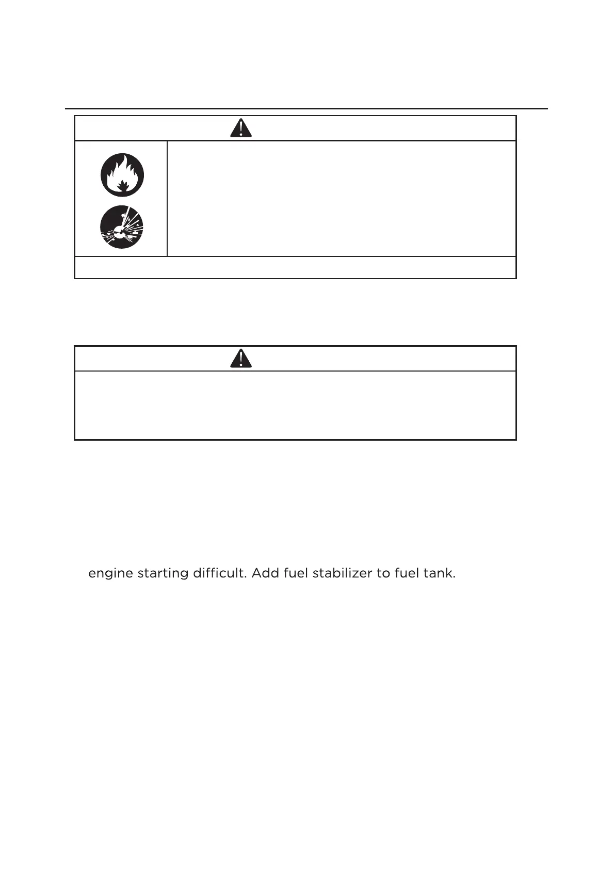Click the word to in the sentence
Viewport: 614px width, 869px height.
383,573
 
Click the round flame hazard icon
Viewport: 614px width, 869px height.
122,175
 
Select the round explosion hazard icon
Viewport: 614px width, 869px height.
122,227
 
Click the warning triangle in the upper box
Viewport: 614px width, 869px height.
241,128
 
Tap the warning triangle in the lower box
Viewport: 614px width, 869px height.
241,358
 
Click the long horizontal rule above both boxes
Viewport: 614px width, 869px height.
306,109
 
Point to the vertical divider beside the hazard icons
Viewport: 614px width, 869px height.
167,199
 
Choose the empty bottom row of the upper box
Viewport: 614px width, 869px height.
295,267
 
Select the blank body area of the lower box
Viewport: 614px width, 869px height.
295,405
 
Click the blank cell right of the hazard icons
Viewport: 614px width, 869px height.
342,199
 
